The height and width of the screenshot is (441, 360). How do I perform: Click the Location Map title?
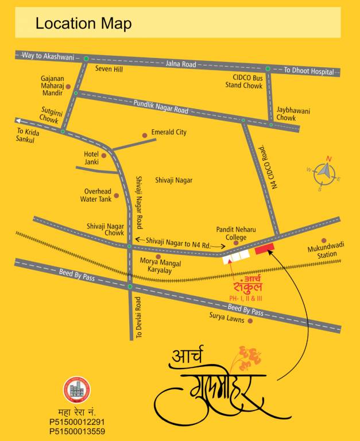click(83, 24)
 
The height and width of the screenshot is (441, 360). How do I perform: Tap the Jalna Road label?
click(181, 64)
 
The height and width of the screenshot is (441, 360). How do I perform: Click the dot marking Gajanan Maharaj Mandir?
click(68, 87)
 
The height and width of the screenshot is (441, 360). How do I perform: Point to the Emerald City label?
click(169, 132)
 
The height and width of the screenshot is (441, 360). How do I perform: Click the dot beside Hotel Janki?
click(104, 155)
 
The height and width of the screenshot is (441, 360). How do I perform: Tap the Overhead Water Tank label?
click(98, 195)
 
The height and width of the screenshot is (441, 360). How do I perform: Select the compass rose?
click(324, 172)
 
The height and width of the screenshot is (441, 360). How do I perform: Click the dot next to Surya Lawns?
click(250, 321)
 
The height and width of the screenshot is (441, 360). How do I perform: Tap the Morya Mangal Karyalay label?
click(160, 266)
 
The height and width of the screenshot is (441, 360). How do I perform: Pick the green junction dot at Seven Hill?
click(86, 59)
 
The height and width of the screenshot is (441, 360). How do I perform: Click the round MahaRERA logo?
click(76, 390)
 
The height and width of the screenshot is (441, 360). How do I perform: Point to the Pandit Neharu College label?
click(231, 233)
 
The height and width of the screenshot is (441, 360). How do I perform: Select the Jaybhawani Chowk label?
click(293, 114)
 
